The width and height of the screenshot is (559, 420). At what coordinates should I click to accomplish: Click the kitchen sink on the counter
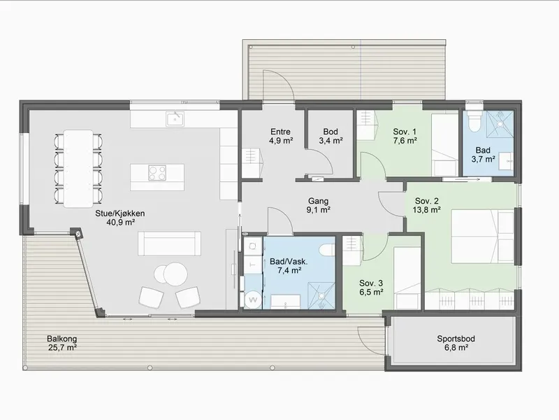[175, 118]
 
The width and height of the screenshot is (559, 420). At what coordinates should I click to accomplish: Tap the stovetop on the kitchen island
[157, 174]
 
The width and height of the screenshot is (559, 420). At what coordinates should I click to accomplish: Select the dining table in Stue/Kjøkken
[78, 169]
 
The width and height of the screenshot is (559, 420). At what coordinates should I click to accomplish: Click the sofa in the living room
[169, 243]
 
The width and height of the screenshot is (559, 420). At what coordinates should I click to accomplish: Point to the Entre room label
[281, 132]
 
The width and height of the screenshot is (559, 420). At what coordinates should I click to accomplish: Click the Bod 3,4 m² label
[331, 136]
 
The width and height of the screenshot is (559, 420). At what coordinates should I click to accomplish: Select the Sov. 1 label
[405, 132]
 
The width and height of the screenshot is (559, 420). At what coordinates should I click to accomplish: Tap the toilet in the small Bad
[474, 121]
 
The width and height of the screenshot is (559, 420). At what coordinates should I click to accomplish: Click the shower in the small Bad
[500, 124]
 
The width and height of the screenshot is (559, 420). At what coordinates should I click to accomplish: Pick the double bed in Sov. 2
[483, 237]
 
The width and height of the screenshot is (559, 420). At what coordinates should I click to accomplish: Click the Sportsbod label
[456, 339]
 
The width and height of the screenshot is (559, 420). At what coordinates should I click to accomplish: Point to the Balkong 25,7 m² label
[62, 343]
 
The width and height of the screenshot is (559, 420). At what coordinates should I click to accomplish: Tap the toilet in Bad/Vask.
[327, 250]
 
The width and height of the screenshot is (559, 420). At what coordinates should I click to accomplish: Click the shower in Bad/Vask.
[321, 295]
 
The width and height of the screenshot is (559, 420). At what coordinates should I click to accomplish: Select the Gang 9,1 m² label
[319, 205]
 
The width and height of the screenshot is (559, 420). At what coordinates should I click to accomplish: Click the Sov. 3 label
[371, 283]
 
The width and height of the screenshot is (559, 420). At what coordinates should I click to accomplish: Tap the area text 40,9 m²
[120, 223]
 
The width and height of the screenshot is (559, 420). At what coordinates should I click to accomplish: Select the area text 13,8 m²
[427, 209]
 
